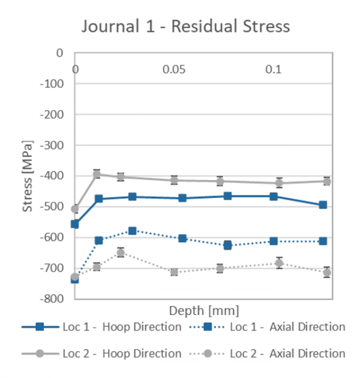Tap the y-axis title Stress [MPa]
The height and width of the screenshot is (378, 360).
tap(27, 176)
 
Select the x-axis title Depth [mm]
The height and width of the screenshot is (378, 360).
tap(204, 311)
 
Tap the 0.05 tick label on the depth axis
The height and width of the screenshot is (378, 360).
tap(173, 70)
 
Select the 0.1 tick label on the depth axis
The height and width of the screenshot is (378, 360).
tap(273, 70)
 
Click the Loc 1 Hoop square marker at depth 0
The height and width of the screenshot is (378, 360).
tap(75, 224)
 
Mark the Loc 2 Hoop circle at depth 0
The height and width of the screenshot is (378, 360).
tap(75, 209)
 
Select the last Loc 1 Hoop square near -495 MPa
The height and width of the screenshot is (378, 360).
tap(323, 205)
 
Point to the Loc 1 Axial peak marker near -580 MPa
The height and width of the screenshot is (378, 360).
tap(133, 231)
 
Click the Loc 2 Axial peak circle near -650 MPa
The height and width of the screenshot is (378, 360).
tap(121, 253)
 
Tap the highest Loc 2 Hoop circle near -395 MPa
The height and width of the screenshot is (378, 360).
tap(96, 174)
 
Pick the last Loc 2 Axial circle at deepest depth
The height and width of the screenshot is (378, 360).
tap(327, 272)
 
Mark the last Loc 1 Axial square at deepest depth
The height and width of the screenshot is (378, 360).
tap(323, 241)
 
